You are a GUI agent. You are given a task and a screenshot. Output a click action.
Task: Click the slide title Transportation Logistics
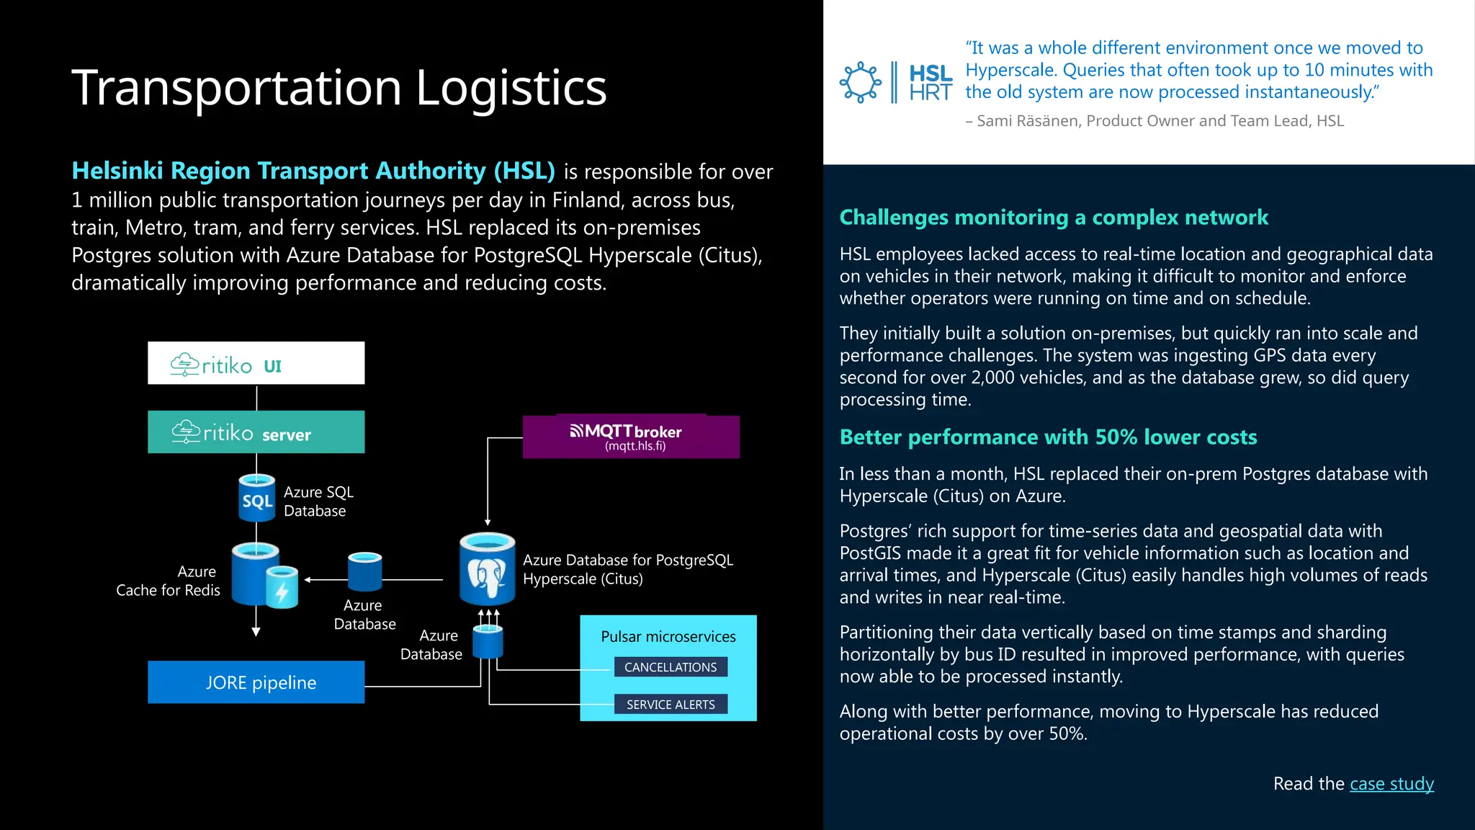339,88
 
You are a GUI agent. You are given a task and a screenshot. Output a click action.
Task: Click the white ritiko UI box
256,363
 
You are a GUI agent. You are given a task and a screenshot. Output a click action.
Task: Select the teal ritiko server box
256,432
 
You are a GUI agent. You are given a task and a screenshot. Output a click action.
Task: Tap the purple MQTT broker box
631,437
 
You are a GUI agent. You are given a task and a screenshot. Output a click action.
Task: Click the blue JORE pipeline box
256,682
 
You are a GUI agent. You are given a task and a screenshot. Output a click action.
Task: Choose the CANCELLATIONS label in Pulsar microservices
671,667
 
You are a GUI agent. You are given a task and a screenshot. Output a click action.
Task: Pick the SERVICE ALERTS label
671,705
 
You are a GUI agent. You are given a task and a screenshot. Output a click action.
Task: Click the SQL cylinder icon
256,498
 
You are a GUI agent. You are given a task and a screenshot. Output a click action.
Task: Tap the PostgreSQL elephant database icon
488,569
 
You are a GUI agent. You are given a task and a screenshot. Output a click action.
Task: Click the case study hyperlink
1391,784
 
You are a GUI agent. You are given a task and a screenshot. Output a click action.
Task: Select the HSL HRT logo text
931,83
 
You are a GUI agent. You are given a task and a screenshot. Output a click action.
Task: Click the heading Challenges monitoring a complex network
1054,218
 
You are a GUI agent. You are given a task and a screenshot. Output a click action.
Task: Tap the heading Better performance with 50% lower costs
1048,437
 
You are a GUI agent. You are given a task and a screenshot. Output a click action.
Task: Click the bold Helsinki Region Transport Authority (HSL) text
313,171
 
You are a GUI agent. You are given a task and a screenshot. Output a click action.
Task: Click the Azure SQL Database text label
318,501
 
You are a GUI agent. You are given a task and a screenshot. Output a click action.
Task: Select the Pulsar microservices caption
668,637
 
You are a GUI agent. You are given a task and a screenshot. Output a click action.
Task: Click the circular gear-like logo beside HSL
860,82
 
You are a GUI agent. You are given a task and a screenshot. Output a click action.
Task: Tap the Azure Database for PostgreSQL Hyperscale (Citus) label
627,569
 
